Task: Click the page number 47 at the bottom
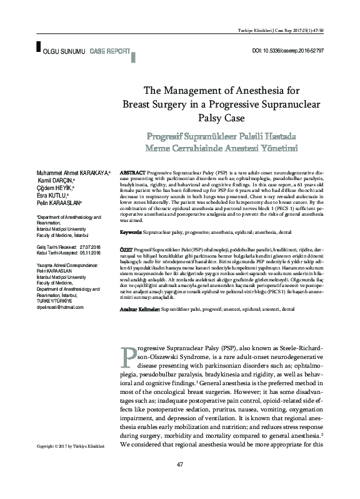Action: coord(180,481)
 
